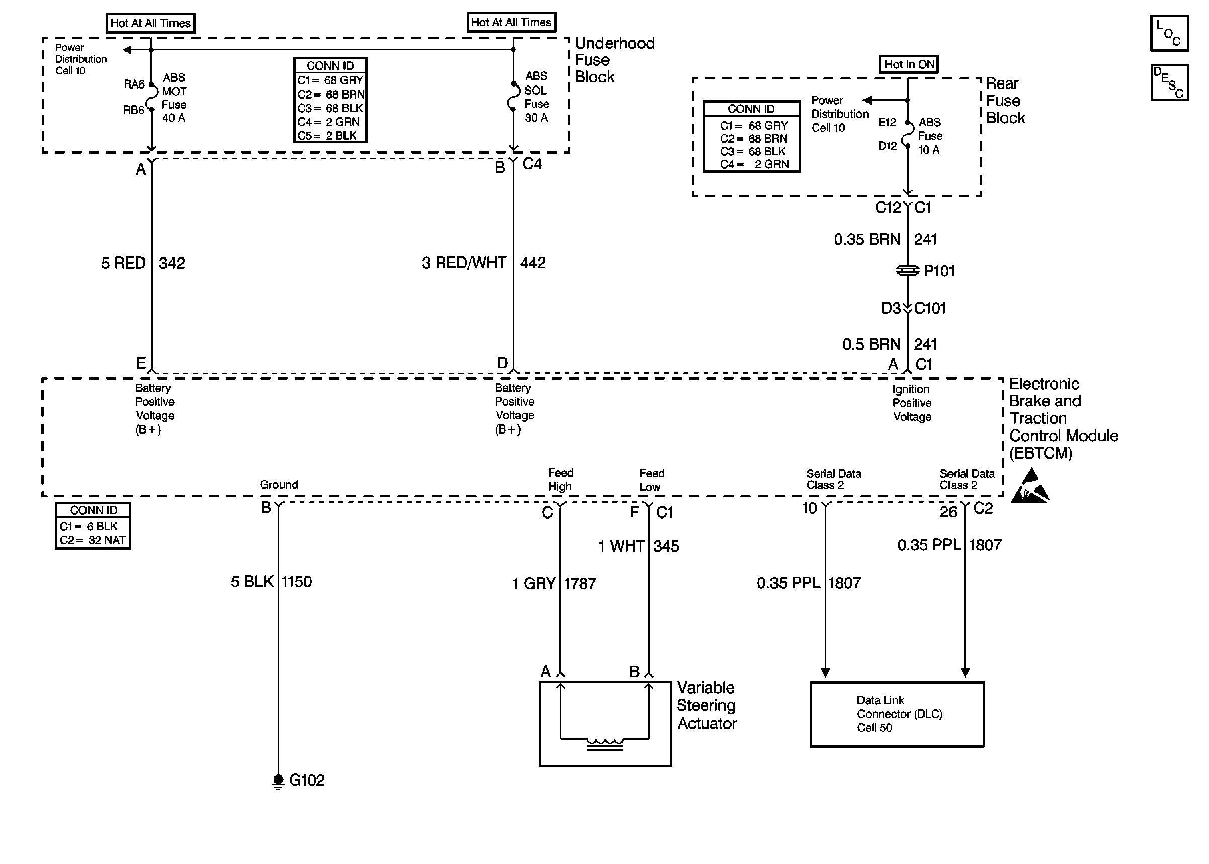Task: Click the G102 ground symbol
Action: click(278, 781)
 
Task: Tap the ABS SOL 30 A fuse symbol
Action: click(513, 96)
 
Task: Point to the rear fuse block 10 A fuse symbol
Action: click(908, 134)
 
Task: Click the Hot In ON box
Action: click(908, 64)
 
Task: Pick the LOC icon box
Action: click(1169, 33)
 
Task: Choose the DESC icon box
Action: click(1169, 82)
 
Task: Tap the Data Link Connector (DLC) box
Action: click(897, 714)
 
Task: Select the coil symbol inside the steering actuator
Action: click(605, 744)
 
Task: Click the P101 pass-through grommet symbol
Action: click(908, 270)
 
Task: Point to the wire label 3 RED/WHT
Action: click(464, 263)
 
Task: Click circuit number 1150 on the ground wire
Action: click(296, 581)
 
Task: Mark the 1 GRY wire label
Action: click(534, 583)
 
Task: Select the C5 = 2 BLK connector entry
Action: click(327, 136)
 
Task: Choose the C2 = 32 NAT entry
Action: click(93, 540)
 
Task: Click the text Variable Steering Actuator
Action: click(707, 706)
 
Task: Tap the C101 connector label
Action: click(930, 308)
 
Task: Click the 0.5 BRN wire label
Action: click(871, 344)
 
